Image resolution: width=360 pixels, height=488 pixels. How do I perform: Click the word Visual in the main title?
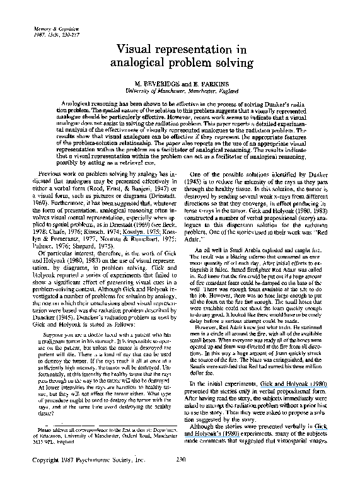pyautogui.click(x=154, y=49)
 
